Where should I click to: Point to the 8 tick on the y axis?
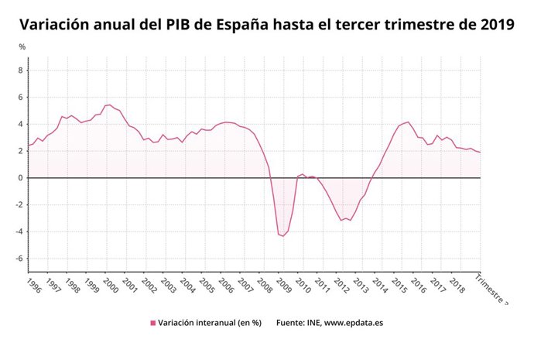(22, 70)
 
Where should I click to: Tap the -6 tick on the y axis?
(20, 259)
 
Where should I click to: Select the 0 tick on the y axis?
(22, 178)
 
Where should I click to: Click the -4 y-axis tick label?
(20, 231)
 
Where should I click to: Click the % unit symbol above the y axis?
(22, 47)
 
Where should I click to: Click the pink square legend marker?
(153, 323)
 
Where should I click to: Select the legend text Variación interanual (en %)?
(210, 323)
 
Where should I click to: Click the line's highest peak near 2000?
(109, 105)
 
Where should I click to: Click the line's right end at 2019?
(480, 153)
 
